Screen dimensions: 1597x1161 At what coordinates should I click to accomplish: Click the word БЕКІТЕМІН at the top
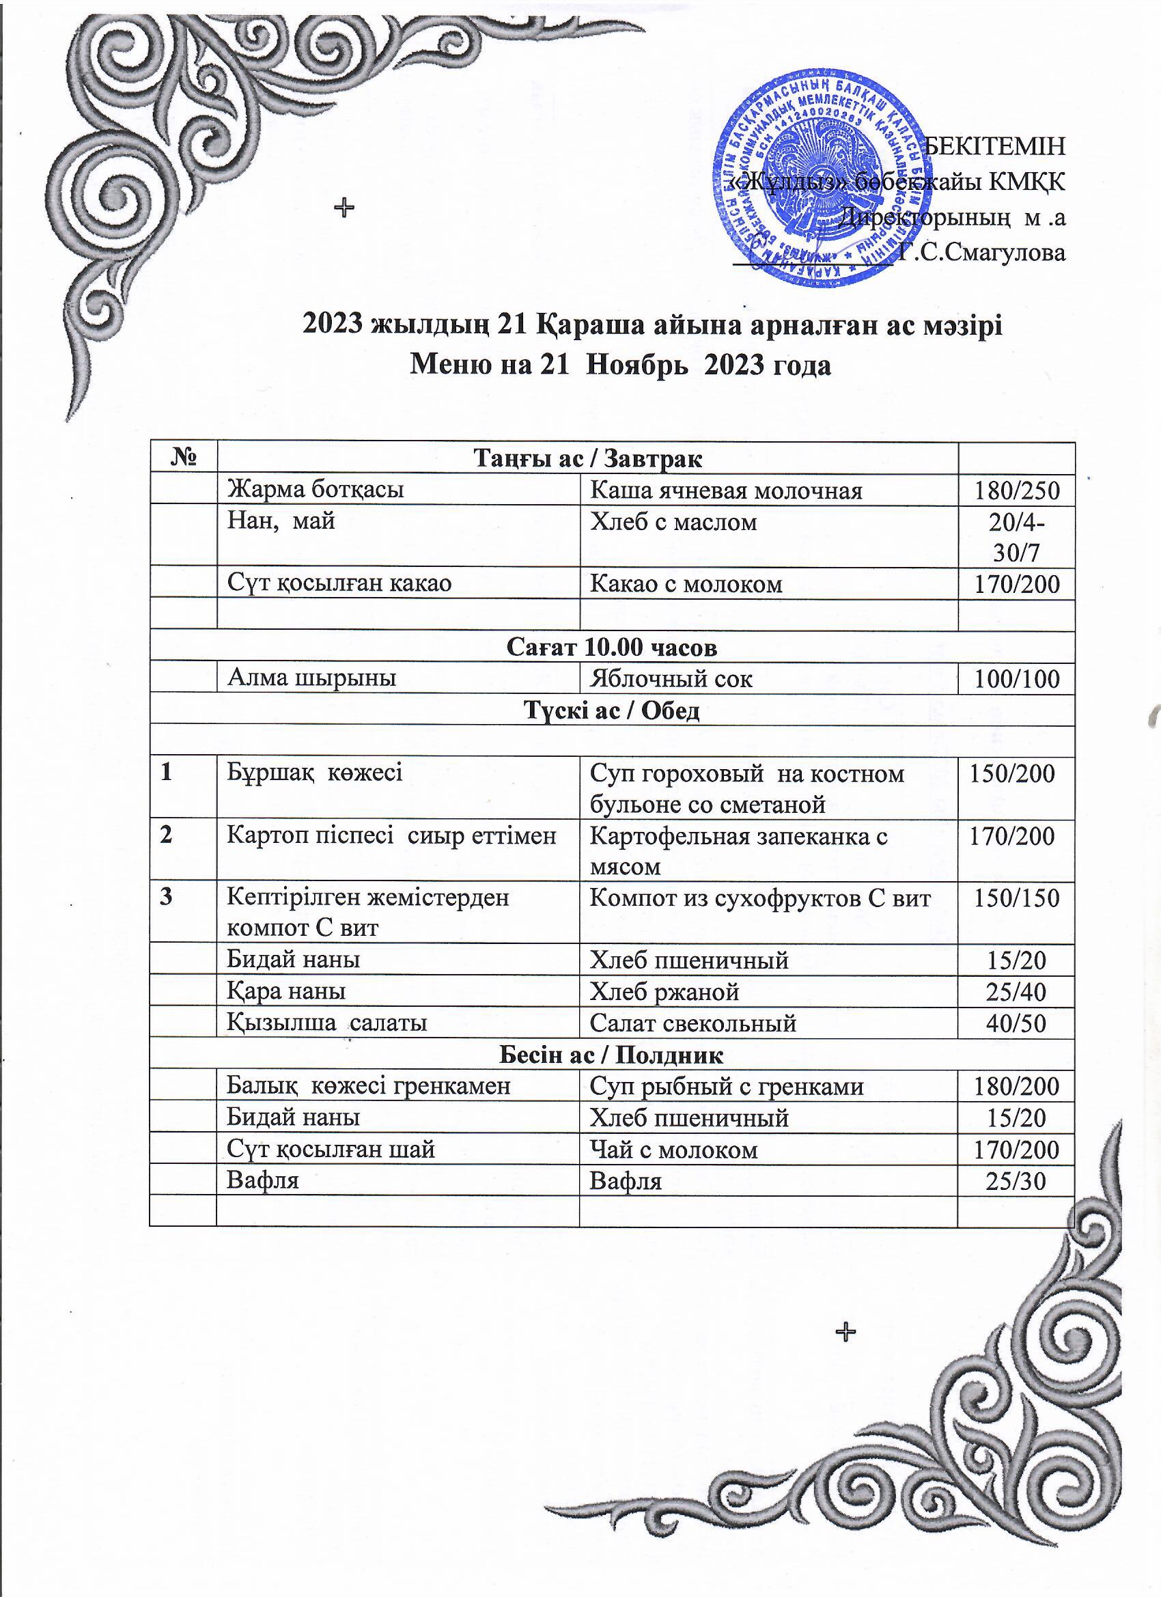[x=994, y=145]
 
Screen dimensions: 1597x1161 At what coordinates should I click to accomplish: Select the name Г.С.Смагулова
[x=982, y=252]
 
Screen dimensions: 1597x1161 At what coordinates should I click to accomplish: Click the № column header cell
[x=182, y=458]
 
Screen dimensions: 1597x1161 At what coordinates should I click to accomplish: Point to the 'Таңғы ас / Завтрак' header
[x=588, y=459]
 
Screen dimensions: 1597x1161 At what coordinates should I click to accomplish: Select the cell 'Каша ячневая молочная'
[x=725, y=490]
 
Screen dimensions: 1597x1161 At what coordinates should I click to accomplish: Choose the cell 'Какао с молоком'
[x=686, y=584]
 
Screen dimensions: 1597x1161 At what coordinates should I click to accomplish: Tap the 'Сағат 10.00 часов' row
[x=611, y=647]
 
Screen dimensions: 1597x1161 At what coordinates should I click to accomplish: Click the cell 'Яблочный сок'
[x=671, y=679]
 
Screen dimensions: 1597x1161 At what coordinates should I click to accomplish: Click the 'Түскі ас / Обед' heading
[x=611, y=710]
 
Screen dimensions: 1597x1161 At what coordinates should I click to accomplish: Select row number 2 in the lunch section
[x=166, y=836]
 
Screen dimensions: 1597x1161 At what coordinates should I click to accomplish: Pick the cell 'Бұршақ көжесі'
[x=314, y=773]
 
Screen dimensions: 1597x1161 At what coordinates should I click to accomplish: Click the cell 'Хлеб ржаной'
[x=664, y=991]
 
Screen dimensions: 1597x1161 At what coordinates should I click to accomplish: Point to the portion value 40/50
[x=1016, y=1023]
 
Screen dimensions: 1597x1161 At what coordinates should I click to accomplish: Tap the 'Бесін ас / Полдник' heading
[x=611, y=1055]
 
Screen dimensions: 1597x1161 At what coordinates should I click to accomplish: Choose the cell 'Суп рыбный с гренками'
[x=726, y=1087]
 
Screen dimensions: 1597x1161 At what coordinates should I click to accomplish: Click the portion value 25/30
[x=1016, y=1181]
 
